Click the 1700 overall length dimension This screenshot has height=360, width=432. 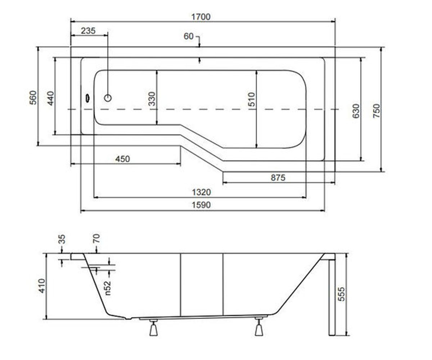coord(201,17)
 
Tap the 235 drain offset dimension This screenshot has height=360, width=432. coord(88,31)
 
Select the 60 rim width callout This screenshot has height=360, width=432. coord(189,36)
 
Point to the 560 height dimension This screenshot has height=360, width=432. coord(33,98)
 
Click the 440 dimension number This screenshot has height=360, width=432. coord(51,99)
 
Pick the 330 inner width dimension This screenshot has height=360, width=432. coord(152,99)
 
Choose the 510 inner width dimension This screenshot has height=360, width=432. coord(252,100)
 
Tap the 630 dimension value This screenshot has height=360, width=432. coord(356,111)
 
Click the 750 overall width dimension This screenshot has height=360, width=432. coord(377,111)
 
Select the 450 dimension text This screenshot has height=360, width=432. coord(123,159)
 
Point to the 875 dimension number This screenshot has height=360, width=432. coord(278,178)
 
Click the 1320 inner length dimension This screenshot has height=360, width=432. coord(201,192)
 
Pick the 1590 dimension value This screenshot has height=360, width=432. coord(201,205)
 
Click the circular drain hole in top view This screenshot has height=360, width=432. coord(108,98)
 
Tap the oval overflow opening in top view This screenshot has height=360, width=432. coord(87,98)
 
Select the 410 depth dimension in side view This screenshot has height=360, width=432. coord(42,286)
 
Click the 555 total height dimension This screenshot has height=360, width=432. coord(341,294)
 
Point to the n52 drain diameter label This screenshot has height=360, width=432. coord(108,288)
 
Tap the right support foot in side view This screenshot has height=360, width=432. coord(259,327)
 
